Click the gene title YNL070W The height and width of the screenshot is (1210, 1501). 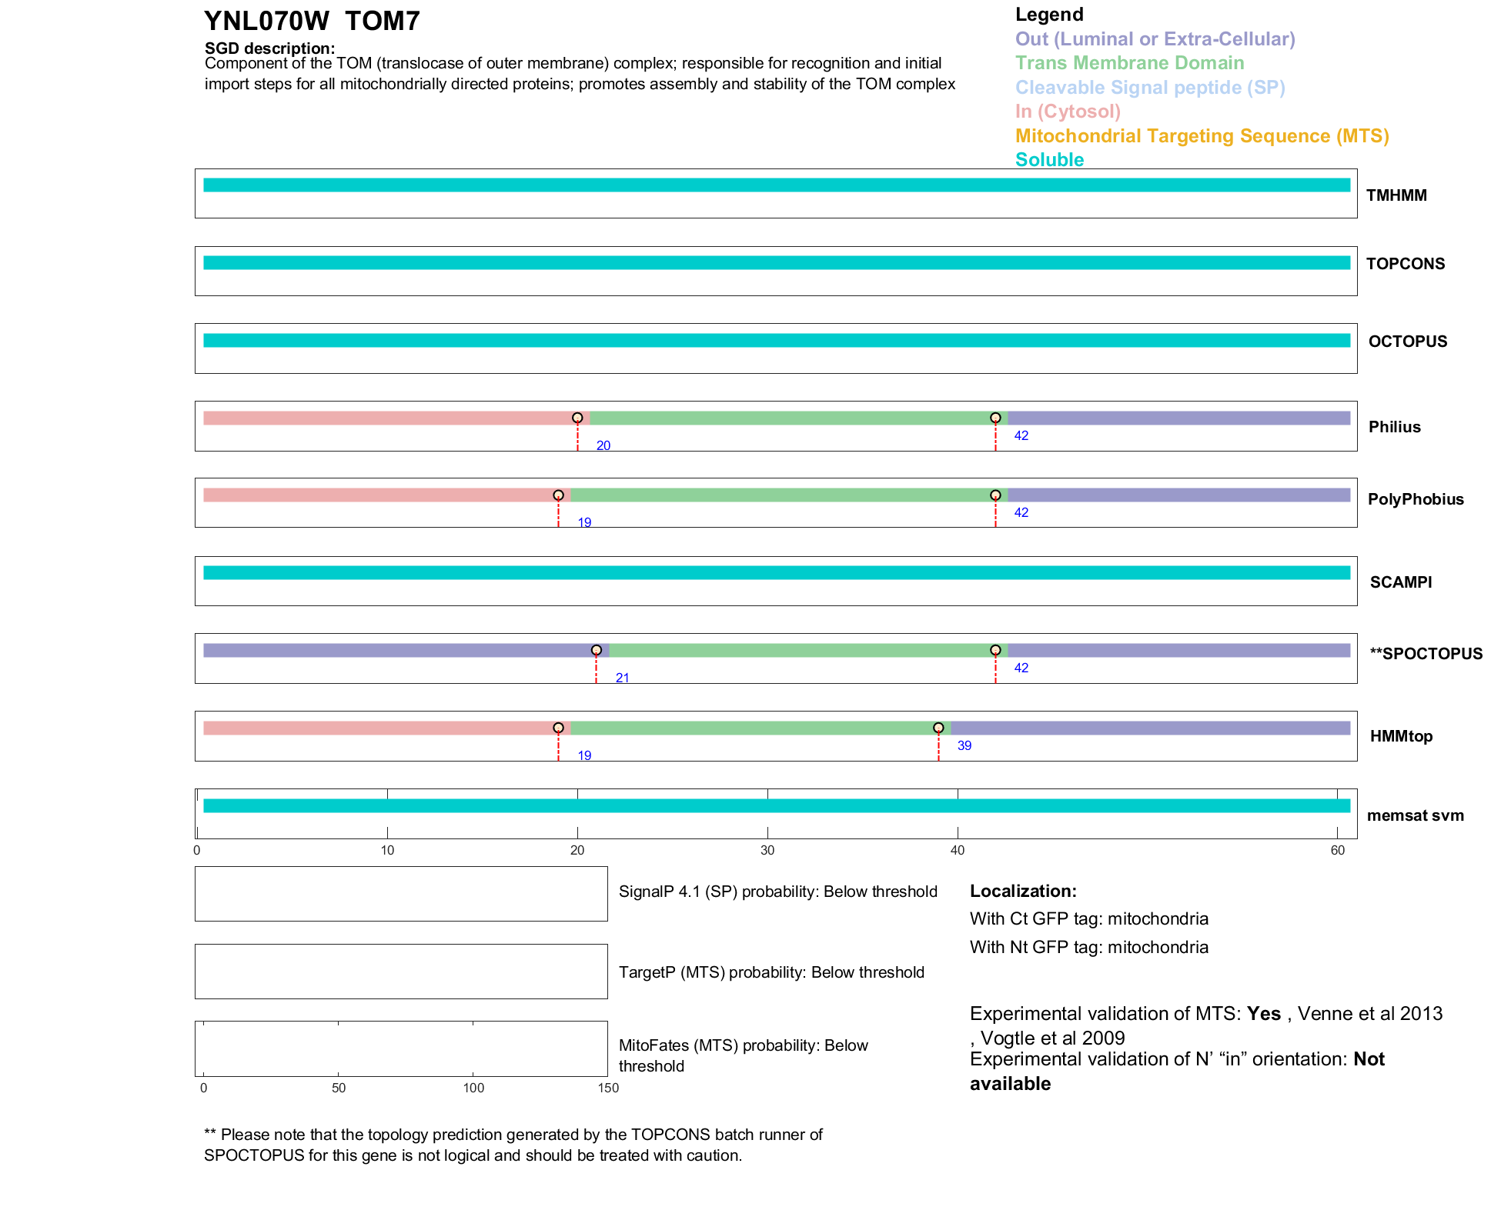pyautogui.click(x=266, y=22)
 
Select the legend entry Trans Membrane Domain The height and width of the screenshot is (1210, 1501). pyautogui.click(x=1129, y=63)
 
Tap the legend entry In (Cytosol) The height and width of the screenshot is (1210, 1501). pyautogui.click(x=1068, y=112)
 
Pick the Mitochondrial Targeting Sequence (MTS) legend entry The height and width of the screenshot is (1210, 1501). pyautogui.click(x=1202, y=136)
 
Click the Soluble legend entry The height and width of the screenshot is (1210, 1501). pyautogui.click(x=1049, y=160)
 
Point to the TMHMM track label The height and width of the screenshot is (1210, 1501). pyautogui.click(x=1396, y=195)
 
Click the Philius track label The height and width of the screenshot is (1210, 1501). pyautogui.click(x=1394, y=427)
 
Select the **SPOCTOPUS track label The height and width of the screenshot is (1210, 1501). pyautogui.click(x=1426, y=654)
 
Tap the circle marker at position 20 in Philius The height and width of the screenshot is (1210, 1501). pyautogui.click(x=577, y=418)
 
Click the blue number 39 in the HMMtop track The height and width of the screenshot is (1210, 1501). pyautogui.click(x=964, y=745)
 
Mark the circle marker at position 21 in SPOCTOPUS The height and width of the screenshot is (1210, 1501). pyautogui.click(x=597, y=650)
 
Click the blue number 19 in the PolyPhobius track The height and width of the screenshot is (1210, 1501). pyautogui.click(x=584, y=523)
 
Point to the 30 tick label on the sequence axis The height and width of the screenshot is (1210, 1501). pyautogui.click(x=767, y=850)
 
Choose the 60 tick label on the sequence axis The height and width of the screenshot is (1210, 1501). pyautogui.click(x=1338, y=850)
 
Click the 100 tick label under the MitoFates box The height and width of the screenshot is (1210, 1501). pyautogui.click(x=473, y=1088)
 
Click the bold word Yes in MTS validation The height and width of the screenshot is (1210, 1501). pyautogui.click(x=1263, y=1014)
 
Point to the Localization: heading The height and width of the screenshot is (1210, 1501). pyautogui.click(x=1023, y=892)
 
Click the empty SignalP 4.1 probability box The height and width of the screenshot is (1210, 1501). pyautogui.click(x=401, y=894)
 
